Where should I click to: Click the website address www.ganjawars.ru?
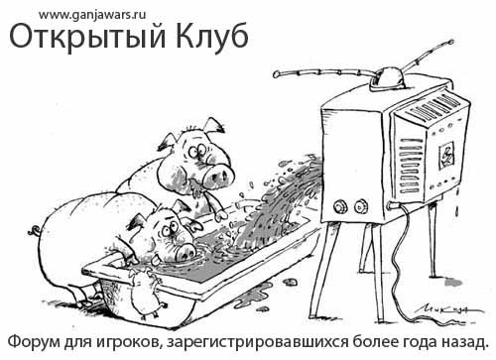[92, 15]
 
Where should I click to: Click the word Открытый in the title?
[87, 37]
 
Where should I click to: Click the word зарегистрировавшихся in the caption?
[258, 343]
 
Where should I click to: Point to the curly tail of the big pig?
[35, 230]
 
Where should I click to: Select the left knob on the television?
[339, 207]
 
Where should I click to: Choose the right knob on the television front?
[360, 206]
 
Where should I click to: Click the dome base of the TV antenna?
[388, 78]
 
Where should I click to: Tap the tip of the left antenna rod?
[276, 74]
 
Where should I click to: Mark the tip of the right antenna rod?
[450, 42]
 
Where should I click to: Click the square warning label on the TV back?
[446, 155]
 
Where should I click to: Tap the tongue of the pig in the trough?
[156, 261]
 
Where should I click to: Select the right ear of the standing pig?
[214, 126]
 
